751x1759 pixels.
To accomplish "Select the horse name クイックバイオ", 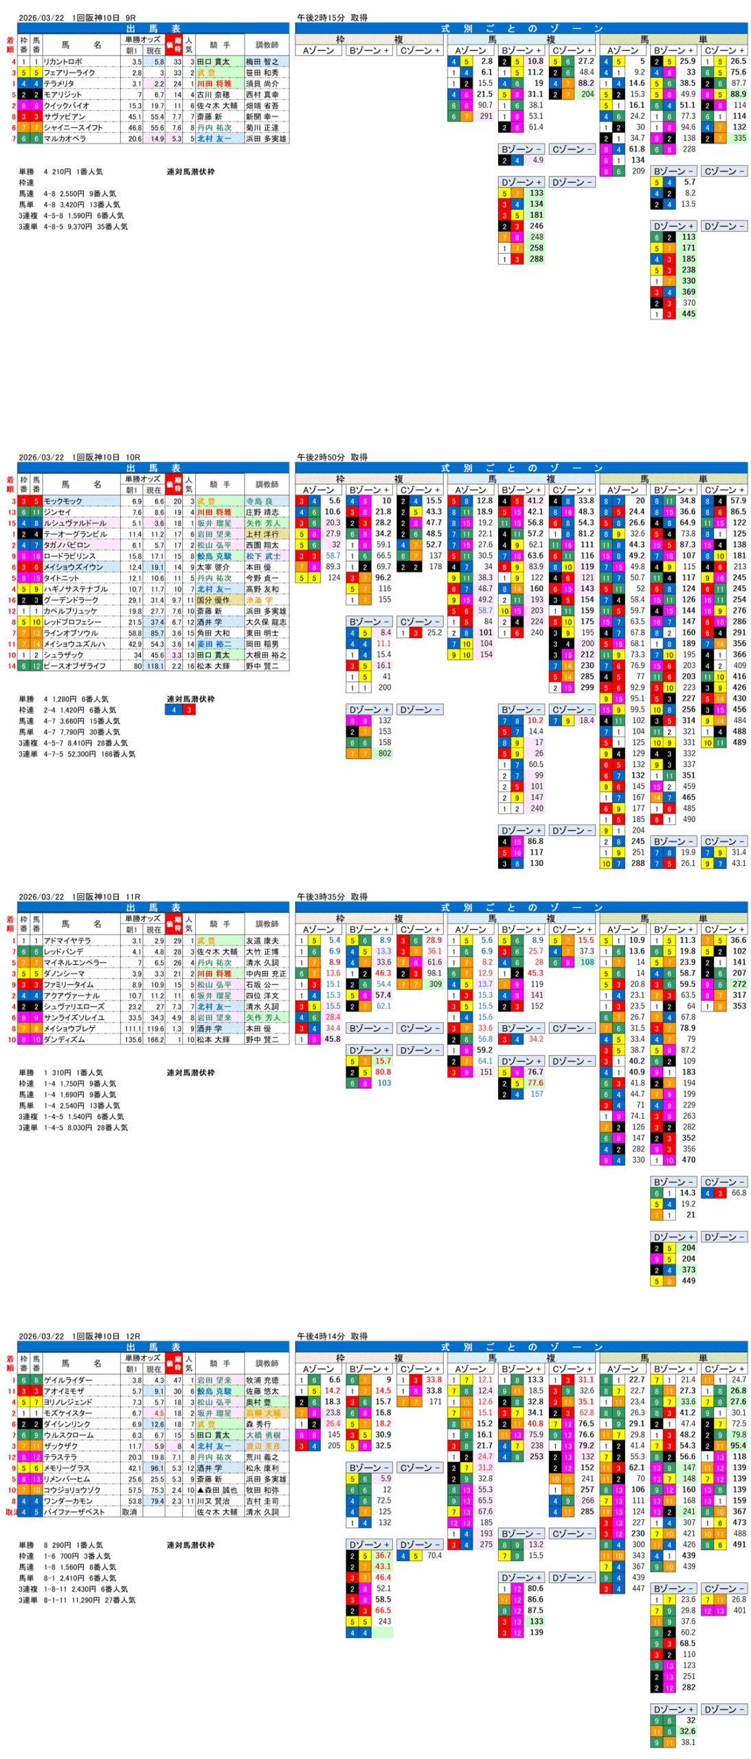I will point(66,106).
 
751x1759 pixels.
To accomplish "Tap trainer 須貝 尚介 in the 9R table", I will point(262,84).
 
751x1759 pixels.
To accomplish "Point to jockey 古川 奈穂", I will point(213,95).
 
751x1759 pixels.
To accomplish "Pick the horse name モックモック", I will point(63,501).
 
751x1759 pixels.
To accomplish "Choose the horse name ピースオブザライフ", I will point(74,666).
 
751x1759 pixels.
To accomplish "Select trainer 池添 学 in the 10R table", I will point(259,600).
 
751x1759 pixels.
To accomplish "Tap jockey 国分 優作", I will point(213,600).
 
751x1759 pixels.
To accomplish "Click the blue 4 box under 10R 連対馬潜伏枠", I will point(173,710).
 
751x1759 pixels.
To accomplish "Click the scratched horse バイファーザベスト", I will point(74,1512).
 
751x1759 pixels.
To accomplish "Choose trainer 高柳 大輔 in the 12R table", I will point(263,1413).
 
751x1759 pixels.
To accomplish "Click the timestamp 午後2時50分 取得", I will point(332,457).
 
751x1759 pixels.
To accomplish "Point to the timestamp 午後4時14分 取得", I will point(332,1336).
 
